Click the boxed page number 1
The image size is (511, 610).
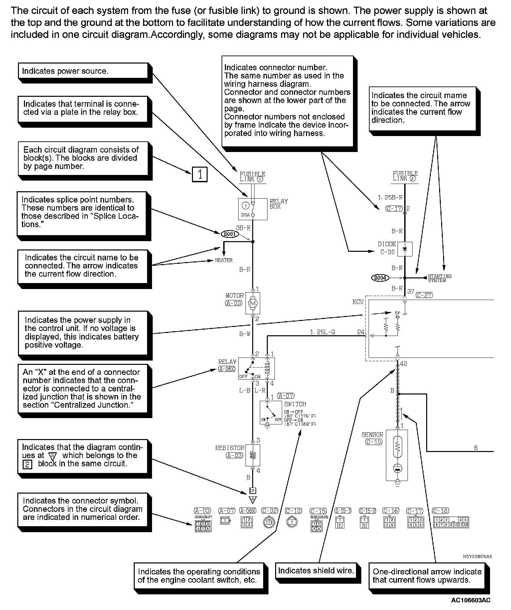tap(200, 174)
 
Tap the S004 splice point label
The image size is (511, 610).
tap(380, 278)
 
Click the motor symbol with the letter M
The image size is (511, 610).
tap(253, 303)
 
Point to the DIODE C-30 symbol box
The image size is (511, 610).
tap(405, 249)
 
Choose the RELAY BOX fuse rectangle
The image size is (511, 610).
tap(253, 209)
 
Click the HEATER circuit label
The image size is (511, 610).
tap(224, 260)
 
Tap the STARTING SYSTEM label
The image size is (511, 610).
tap(439, 278)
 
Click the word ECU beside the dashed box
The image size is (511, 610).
tap(358, 302)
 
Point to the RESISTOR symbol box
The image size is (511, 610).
tap(253, 455)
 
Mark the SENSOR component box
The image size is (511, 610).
tap(397, 455)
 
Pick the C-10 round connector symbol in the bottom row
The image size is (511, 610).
tap(292, 522)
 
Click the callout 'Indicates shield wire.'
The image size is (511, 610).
tap(315, 571)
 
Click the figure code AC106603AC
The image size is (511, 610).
tap(470, 600)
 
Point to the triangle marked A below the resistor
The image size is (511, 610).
tap(253, 499)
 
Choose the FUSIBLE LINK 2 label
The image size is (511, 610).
tap(405, 176)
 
